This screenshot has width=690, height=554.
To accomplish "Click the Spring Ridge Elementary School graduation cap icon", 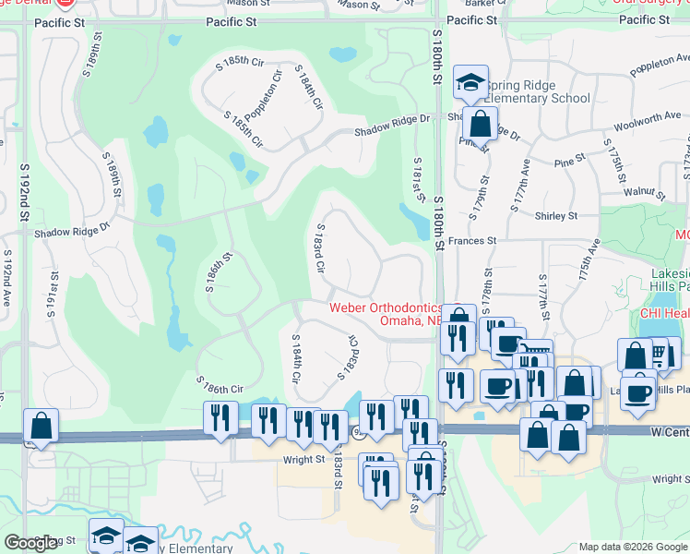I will click(470, 82).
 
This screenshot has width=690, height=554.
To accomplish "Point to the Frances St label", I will click(473, 240).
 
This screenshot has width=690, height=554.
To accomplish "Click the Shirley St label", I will click(555, 215).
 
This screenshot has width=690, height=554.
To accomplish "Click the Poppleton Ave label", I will click(659, 63).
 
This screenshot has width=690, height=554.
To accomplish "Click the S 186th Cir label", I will click(219, 384).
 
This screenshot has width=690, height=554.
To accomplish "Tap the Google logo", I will click(30, 543).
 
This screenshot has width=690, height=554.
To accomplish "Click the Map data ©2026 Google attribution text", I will click(634, 547).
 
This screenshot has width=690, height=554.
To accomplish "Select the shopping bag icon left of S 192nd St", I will click(42, 426).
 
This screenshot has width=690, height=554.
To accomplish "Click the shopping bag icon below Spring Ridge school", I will click(480, 122).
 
